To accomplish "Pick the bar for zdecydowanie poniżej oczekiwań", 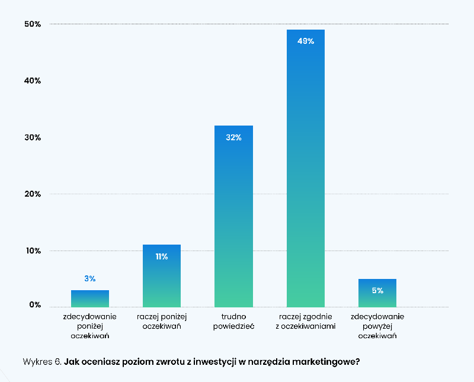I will coord(90,298).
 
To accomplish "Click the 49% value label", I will coord(305,41).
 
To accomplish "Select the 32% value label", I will coord(233,137).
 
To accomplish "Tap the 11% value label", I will coord(161,256).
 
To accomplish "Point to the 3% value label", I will coord(90,278).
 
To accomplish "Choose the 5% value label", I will coord(377,290).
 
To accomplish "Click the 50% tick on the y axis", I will coord(33,24).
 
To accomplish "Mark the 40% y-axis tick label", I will coord(33,81).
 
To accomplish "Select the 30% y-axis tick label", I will coord(33,137).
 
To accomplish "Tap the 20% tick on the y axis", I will coord(33,194).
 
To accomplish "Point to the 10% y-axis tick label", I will coord(33,251).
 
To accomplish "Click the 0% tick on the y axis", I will coord(35,305).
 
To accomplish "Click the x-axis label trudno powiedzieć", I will coord(233,321).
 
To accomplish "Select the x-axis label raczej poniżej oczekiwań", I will coord(161,321).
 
